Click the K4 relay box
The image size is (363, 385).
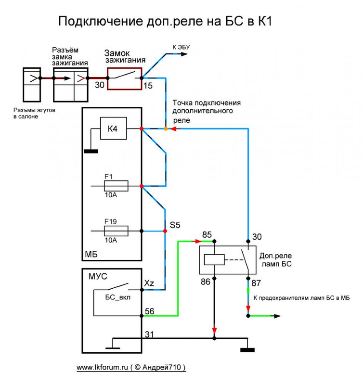tap(112, 128)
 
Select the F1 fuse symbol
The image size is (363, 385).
tap(116, 186)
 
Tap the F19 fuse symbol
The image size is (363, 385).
tap(116, 232)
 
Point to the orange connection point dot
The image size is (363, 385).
tap(166, 129)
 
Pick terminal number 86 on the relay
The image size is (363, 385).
tap(206, 282)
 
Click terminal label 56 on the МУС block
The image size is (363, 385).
tap(149, 311)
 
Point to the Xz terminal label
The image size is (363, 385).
tap(149, 284)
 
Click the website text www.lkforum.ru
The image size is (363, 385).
tap(103, 367)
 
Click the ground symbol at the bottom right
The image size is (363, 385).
tap(247, 348)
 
